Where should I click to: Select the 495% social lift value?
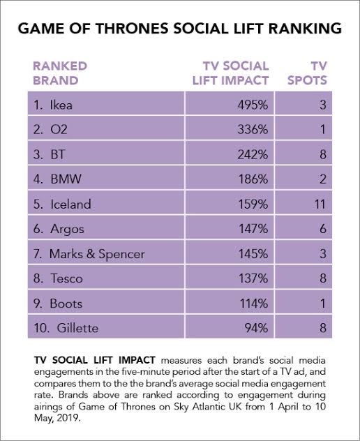[253, 105]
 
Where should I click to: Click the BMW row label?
[57, 179]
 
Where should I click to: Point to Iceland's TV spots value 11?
[320, 204]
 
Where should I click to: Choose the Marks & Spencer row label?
[89, 254]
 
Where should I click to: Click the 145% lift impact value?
[253, 254]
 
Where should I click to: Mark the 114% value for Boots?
[254, 304]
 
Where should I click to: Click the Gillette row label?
[66, 328]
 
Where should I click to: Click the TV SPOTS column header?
[307, 73]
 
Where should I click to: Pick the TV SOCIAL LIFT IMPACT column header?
[231, 73]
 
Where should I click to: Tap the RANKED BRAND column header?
[60, 73]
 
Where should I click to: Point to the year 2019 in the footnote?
[68, 418]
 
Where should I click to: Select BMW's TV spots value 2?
[323, 179]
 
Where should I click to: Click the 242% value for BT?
[253, 154]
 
